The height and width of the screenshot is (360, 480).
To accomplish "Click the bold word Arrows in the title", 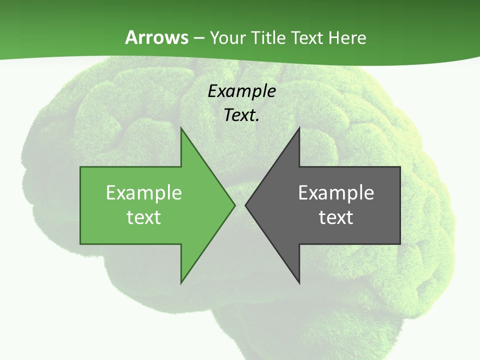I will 156,37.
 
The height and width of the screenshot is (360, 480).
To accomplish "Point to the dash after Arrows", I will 198,38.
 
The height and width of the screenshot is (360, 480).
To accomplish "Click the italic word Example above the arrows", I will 242,91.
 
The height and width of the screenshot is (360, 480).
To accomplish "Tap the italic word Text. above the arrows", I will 242,115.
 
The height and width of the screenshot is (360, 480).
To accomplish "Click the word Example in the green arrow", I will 144,193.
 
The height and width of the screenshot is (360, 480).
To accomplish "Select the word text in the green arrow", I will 144,217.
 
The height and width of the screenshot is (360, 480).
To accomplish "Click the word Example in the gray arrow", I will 336,193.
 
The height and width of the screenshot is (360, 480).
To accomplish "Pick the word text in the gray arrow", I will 336,217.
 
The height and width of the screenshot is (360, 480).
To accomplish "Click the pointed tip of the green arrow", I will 234,205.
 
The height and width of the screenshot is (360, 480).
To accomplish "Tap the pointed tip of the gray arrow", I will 246,205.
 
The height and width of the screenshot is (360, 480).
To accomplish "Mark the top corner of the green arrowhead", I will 181,128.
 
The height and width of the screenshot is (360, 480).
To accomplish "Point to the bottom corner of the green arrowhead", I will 181,282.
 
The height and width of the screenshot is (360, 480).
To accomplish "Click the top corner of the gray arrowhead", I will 299,128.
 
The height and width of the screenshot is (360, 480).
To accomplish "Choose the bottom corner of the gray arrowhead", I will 299,282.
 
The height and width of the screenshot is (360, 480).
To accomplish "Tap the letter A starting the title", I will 131,37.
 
